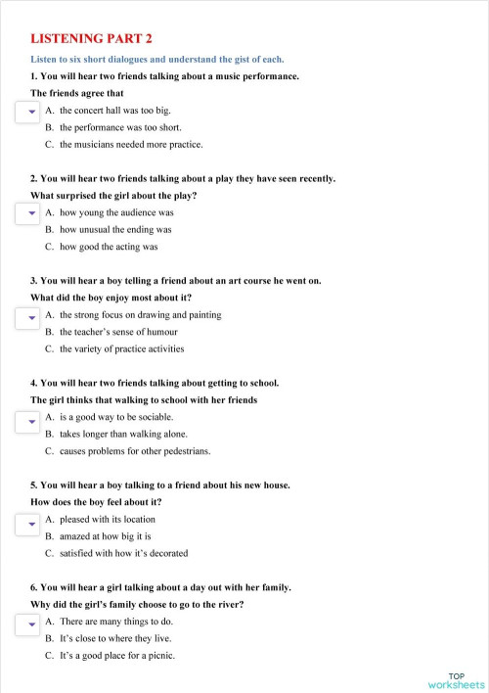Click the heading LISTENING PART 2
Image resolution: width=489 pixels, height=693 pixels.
[x=92, y=38]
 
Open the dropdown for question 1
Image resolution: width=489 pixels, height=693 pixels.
[x=30, y=113]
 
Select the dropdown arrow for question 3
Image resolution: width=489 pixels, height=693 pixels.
[x=30, y=317]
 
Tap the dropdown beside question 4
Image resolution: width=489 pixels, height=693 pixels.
[x=30, y=420]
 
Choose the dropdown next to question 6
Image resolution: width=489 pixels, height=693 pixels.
[x=30, y=624]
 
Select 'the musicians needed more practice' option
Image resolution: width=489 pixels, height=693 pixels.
[x=131, y=144]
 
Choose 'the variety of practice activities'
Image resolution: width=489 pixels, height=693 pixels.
[x=121, y=348]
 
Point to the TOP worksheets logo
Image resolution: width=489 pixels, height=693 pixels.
[x=456, y=680]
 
